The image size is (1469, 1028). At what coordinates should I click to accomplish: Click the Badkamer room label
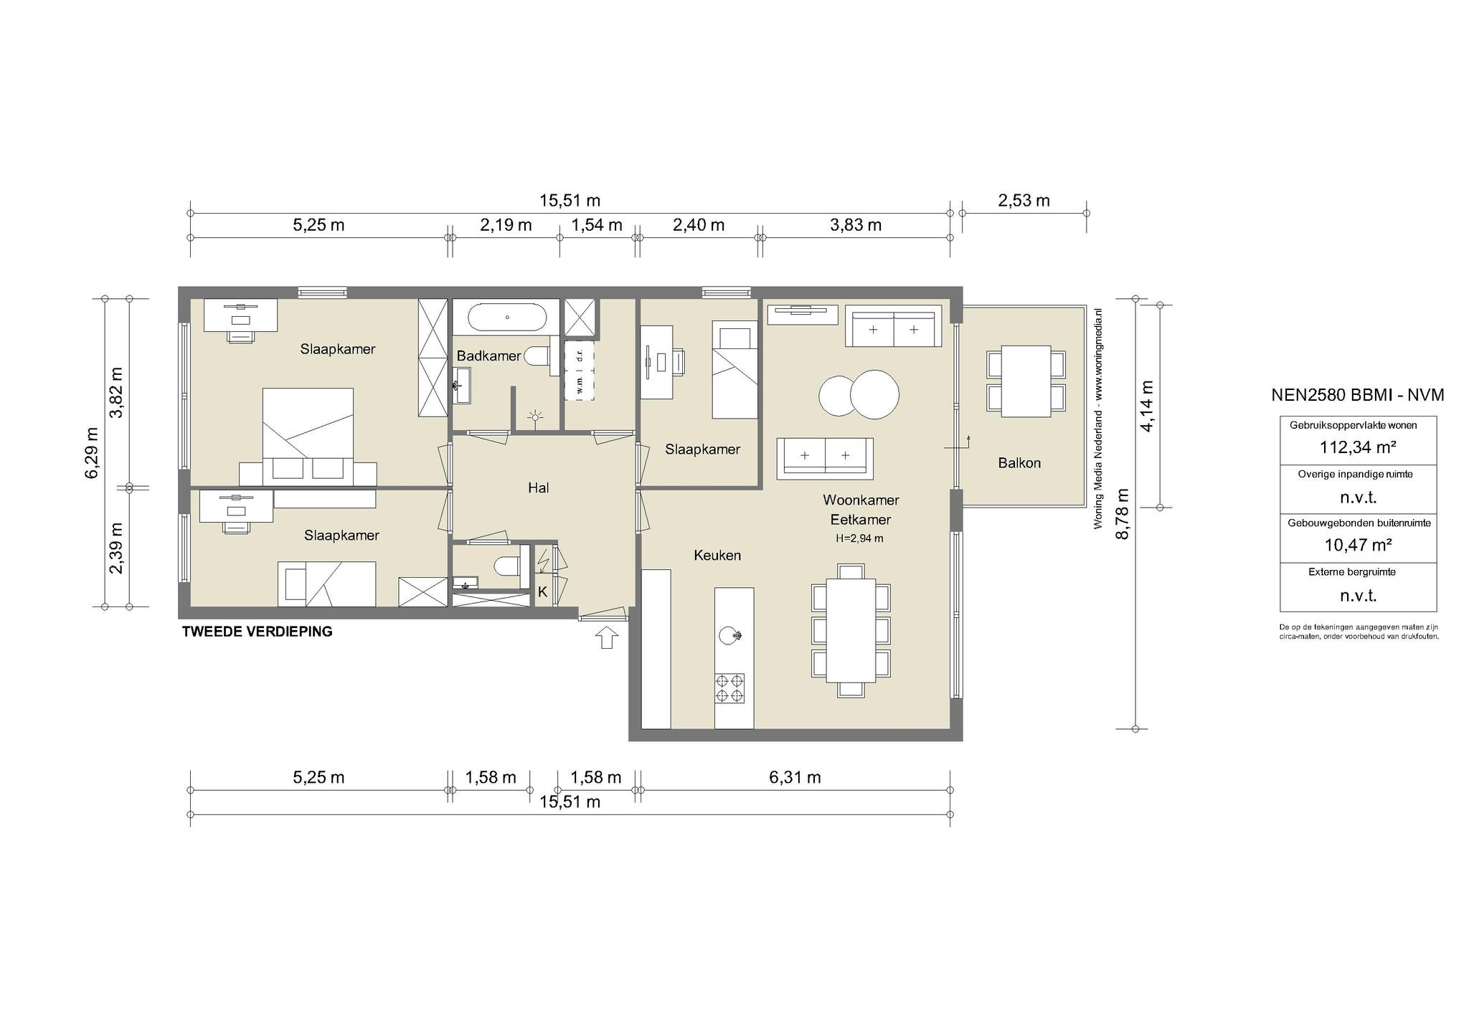(488, 356)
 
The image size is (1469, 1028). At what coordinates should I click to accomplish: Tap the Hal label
(538, 488)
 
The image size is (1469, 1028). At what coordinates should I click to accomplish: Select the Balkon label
(1019, 463)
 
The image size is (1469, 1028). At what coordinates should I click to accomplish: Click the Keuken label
(717, 556)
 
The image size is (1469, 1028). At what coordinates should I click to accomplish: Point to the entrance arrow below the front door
(607, 637)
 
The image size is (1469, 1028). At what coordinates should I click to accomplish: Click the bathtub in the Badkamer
(507, 317)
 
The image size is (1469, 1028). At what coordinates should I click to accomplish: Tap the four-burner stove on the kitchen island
(729, 688)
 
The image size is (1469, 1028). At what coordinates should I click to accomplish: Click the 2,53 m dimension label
(1024, 201)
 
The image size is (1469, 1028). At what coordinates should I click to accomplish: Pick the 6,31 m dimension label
(795, 777)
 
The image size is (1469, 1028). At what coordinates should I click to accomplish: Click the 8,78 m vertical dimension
(1123, 514)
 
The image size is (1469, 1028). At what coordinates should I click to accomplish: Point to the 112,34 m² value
(1358, 447)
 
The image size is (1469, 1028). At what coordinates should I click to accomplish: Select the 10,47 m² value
(1358, 545)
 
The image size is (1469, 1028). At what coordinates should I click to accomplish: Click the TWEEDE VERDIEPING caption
(258, 632)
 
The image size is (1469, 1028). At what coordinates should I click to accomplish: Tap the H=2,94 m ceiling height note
(859, 538)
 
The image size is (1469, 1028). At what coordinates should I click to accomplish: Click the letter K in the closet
(543, 592)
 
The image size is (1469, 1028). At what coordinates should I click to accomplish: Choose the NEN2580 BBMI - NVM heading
(1358, 395)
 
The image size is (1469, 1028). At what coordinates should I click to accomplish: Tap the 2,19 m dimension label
(506, 225)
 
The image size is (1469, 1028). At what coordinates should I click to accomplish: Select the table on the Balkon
(1025, 381)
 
